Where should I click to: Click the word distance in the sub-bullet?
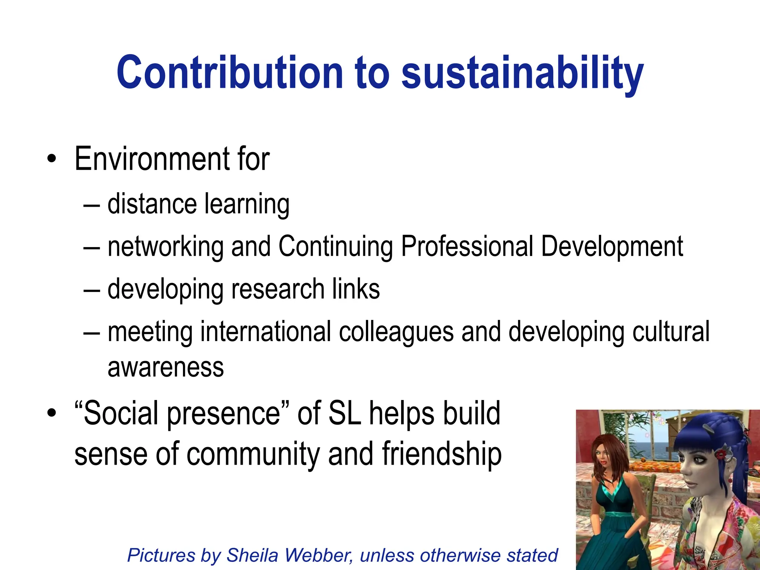[152, 204]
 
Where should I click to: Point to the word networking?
[165, 247]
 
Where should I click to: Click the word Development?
[612, 247]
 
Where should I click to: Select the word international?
[266, 331]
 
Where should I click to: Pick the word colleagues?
[396, 332]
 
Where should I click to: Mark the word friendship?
[442, 454]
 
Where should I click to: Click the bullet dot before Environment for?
[52, 160]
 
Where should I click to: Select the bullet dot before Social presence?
[52, 413]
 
